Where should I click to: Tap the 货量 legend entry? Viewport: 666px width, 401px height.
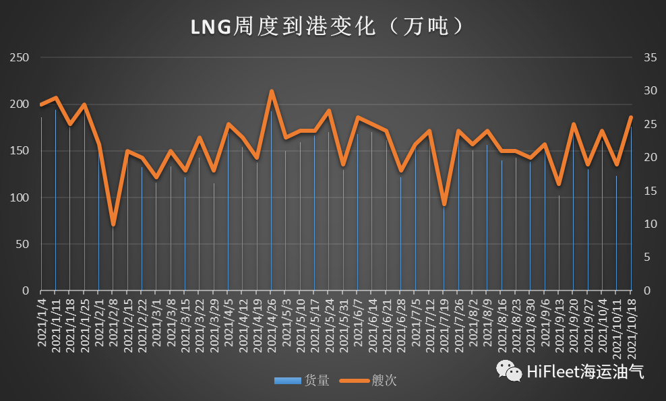pos(303,381)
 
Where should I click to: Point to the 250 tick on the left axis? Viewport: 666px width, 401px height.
pos(21,58)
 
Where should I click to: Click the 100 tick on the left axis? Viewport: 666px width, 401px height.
pos(21,197)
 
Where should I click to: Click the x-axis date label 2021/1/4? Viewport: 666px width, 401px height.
pos(42,323)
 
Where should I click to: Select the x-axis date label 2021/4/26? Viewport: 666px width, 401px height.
pos(272,323)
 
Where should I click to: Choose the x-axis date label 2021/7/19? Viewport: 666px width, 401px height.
pos(444,323)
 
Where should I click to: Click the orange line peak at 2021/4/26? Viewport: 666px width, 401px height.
pos(272,91)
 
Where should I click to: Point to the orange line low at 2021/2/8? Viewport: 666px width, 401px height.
pos(113,224)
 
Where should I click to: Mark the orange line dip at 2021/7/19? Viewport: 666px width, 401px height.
pos(444,204)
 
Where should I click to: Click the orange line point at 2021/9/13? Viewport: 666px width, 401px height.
pos(559,184)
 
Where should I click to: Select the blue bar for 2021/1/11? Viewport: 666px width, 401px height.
pos(56,202)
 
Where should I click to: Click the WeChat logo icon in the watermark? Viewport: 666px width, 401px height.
pos(510,370)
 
